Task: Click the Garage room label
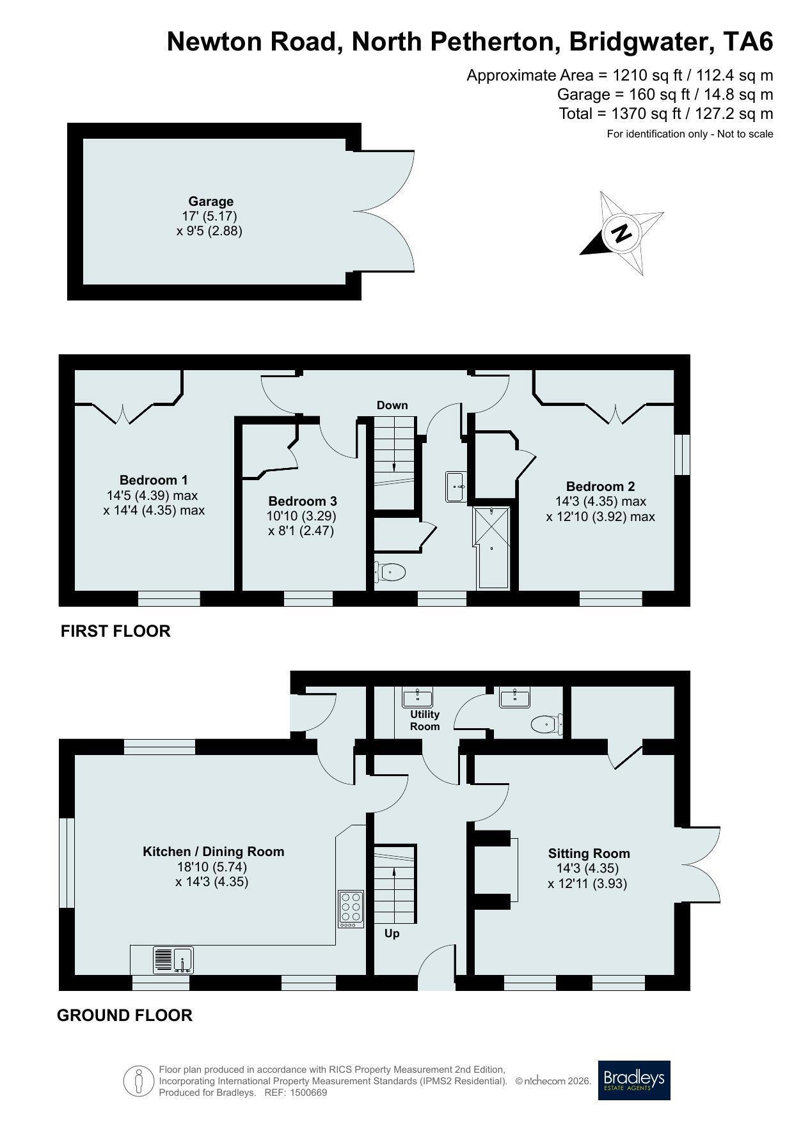coord(210,201)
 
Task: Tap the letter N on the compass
coord(620,233)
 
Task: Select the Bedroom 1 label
coord(154,480)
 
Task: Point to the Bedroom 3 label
coord(302,501)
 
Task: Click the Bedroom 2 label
coord(600,487)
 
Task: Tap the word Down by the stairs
coord(392,405)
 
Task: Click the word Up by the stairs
coord(392,933)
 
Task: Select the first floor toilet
coord(390,571)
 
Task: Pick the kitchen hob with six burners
coord(351,909)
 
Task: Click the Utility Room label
coord(425,721)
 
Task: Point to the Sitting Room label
coord(589,853)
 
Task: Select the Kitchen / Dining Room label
coord(213,852)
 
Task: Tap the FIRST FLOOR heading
coord(116,631)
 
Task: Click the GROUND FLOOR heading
coord(125,1015)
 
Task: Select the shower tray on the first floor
coord(491,547)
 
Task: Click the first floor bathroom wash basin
coord(457,487)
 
